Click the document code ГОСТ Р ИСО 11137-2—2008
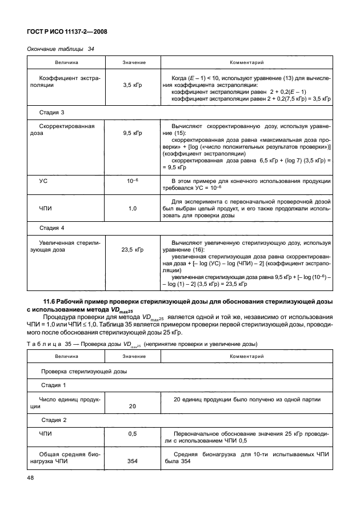tap(68, 33)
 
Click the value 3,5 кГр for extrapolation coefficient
tap(133, 85)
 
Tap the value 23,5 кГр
tap(133, 250)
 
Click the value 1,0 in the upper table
tap(133, 208)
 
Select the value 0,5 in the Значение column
tap(133, 434)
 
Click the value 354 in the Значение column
tap(133, 461)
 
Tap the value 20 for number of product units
tap(133, 407)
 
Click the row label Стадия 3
tap(51, 112)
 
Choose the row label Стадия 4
tap(51, 228)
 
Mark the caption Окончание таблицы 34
tap(61, 49)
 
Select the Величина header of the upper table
tap(66, 62)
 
